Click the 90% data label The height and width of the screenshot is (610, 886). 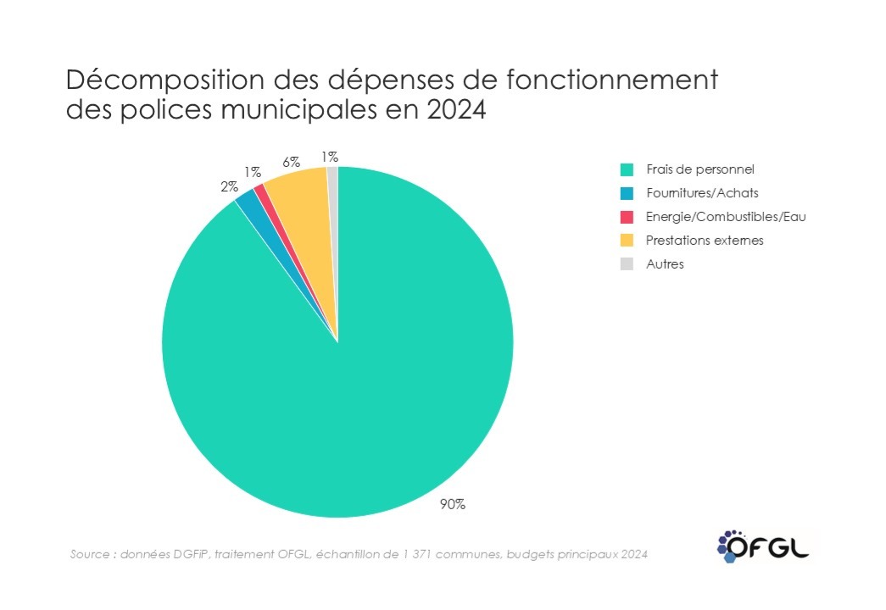click(x=452, y=504)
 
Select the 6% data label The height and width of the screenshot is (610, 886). click(x=292, y=162)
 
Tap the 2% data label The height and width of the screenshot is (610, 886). click(x=229, y=186)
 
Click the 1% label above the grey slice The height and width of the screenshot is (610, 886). click(x=330, y=156)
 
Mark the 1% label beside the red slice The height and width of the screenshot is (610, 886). click(x=253, y=172)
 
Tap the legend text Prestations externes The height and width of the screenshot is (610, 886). click(x=704, y=240)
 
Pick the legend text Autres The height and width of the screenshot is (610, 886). click(x=664, y=263)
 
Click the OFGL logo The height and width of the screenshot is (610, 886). click(x=760, y=545)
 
